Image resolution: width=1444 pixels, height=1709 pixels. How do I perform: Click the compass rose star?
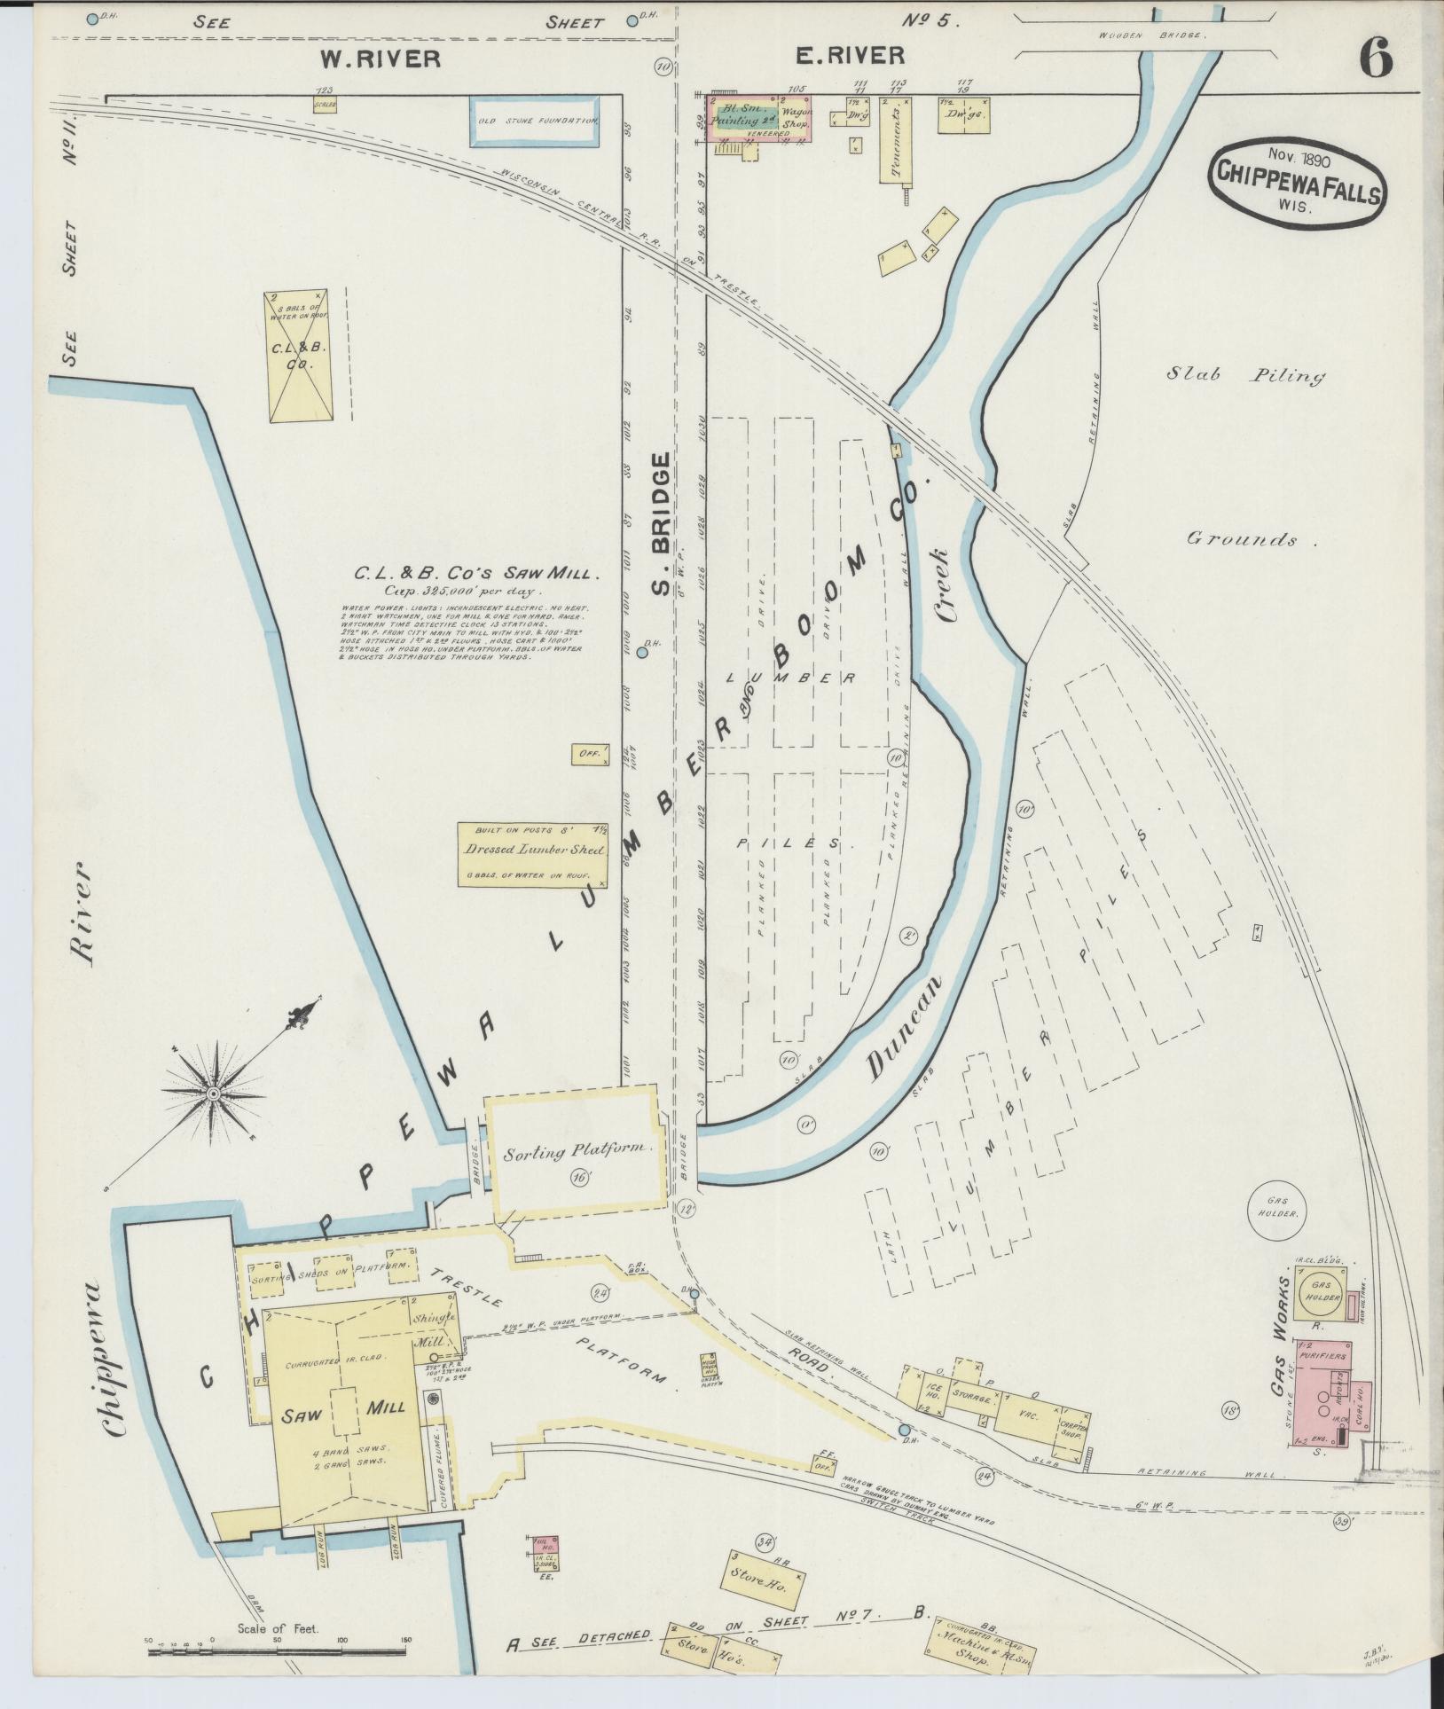214,1094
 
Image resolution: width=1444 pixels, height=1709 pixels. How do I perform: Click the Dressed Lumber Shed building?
533,856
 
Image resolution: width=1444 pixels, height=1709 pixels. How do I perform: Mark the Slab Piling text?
1244,375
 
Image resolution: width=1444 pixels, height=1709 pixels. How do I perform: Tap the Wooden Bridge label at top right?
1150,35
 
